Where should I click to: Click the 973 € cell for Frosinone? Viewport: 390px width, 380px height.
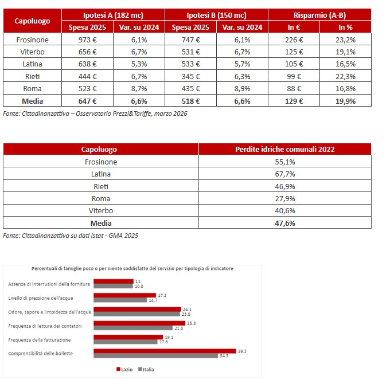point(87,40)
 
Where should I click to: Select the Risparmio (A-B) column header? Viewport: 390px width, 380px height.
point(319,15)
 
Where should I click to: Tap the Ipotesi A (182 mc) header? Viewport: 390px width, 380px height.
point(112,15)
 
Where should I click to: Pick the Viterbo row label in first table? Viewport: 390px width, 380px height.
point(32,52)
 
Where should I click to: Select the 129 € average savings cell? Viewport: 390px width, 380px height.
point(294,101)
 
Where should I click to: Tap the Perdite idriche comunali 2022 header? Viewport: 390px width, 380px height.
point(285,149)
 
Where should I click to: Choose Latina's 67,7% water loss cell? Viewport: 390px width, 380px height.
point(285,174)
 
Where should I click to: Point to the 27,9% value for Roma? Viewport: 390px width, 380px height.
point(285,198)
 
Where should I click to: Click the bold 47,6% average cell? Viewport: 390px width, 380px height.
point(285,223)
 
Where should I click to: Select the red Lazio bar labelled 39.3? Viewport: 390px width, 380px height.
point(165,351)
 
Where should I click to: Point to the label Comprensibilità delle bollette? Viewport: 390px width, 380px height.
point(40,353)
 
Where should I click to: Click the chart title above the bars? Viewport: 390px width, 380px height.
point(132,268)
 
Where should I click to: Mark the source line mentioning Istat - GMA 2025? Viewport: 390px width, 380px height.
point(71,236)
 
